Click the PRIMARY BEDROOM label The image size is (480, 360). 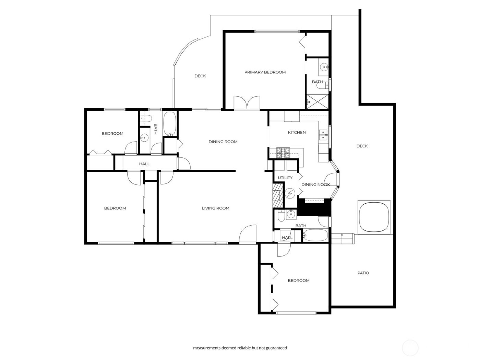point(265,72)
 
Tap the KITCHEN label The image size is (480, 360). point(297,132)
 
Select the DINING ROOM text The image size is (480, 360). point(223,142)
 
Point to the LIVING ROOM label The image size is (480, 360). point(215,208)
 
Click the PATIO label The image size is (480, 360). point(363,273)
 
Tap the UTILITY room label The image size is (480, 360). point(285,178)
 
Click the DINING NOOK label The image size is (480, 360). point(315,184)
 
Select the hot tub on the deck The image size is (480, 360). point(374,216)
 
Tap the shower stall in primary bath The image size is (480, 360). point(317,101)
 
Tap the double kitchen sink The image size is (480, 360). point(323,135)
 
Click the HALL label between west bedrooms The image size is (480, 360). point(144,164)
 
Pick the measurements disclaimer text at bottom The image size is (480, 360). point(240,348)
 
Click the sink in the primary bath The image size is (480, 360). point(323,68)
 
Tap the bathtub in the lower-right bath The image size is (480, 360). point(315,236)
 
